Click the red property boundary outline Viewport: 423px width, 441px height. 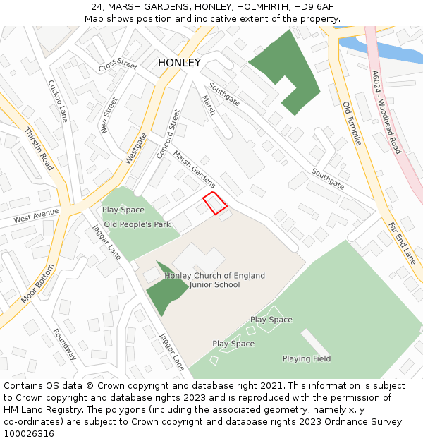[215, 203]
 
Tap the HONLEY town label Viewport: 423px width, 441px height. [179, 63]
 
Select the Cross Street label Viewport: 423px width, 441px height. [118, 65]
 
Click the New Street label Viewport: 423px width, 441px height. [109, 115]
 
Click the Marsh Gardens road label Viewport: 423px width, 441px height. [194, 169]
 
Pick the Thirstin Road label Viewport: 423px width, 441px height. [39, 149]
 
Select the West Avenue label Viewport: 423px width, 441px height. [36, 215]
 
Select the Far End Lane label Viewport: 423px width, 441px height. [402, 243]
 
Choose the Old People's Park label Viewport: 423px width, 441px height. [137, 224]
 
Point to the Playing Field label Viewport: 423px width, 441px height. [307, 358]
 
